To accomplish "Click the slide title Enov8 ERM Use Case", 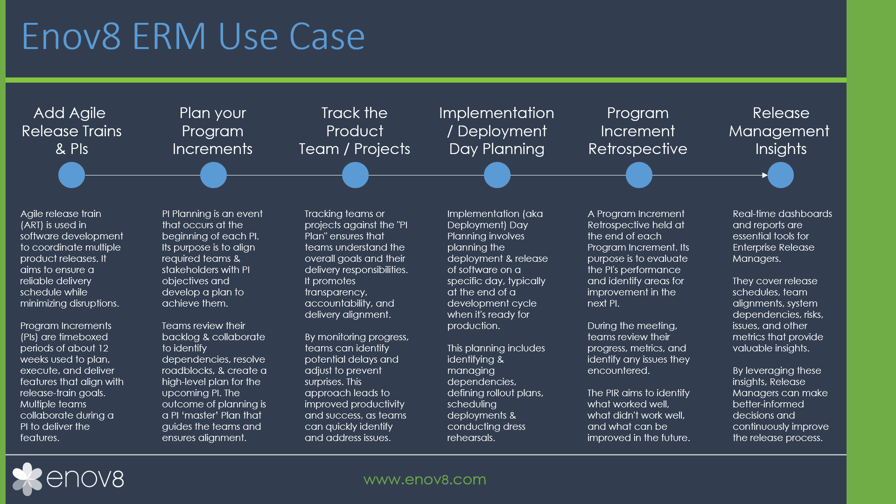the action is tap(193, 36).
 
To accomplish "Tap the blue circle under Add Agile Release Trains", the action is tap(71, 175).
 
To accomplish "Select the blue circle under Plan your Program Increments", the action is tap(213, 175).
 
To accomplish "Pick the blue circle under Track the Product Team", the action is tap(355, 175).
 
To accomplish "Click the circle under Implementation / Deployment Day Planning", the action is tap(497, 175).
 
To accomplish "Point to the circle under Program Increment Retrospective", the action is tap(639, 175).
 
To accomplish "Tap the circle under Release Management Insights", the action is tap(781, 175).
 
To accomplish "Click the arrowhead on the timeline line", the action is tap(765, 175).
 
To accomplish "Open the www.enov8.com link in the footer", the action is tap(425, 479).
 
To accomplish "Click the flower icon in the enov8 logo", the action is tap(27, 479).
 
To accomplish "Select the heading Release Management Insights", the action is tap(779, 131).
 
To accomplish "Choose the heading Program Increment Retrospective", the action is tap(638, 131).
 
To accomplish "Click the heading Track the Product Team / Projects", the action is tap(355, 131).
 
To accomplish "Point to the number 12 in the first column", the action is tap(103, 348).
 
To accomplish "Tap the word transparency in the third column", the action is tap(336, 293).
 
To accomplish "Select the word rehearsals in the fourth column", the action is tap(471, 438).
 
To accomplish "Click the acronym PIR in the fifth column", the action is tap(612, 393).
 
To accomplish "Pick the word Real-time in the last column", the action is tap(754, 214).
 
